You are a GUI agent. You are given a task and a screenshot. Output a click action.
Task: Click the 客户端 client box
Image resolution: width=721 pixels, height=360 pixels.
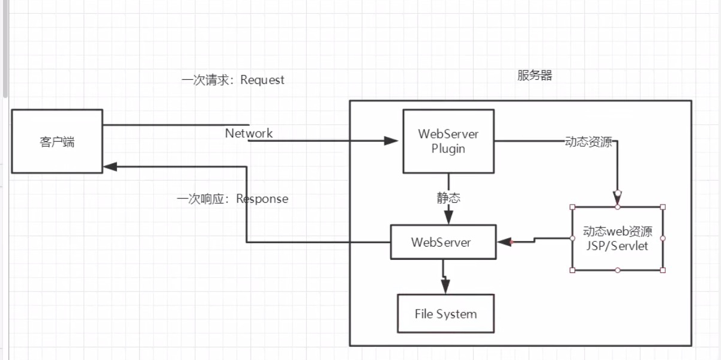57,142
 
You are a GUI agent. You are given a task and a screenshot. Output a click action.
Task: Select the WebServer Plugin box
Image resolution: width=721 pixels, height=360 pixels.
448,141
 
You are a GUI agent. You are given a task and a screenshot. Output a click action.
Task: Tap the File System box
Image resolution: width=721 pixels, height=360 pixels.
445,313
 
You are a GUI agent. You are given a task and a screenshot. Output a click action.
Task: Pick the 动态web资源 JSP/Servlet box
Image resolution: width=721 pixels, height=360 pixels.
617,239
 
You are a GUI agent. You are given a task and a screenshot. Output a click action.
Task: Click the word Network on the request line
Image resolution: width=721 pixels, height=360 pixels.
249,133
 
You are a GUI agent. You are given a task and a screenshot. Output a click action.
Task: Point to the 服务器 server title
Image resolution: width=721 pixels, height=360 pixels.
534,76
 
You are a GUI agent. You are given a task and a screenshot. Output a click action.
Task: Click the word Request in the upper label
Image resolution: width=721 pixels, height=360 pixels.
262,80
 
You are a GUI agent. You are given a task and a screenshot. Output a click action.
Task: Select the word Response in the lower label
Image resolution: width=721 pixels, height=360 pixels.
262,199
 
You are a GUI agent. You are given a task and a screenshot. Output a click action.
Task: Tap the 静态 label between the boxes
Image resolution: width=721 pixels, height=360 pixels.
448,198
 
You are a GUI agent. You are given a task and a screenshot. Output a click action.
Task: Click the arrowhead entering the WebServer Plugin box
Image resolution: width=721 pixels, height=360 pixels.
391,141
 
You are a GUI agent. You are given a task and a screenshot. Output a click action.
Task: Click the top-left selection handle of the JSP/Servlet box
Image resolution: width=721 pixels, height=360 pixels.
572,207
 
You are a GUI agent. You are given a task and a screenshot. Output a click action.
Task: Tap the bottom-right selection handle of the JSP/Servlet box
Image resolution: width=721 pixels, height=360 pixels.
663,270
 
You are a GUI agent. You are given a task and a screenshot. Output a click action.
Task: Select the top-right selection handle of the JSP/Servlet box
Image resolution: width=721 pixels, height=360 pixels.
663,207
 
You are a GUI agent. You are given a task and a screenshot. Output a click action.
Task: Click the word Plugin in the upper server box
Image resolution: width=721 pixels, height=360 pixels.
448,148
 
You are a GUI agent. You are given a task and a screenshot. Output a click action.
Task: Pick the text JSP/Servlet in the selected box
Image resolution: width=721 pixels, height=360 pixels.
617,246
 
